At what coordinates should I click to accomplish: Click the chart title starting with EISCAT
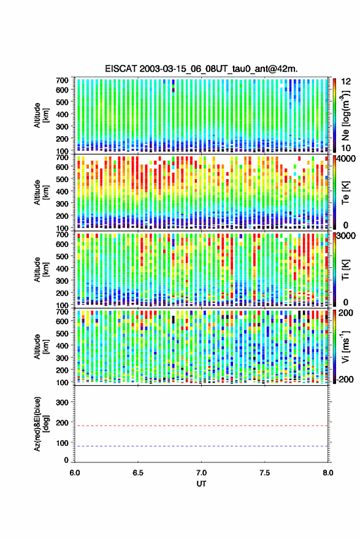coord(201,69)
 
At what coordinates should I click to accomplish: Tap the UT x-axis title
coord(201,484)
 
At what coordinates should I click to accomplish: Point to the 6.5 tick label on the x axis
coord(138,473)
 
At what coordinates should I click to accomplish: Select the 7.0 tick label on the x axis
coord(201,473)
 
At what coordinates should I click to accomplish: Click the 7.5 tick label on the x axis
coord(264,473)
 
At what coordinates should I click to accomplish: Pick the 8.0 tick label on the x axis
coord(327,473)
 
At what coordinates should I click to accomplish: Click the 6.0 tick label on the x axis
coord(75,473)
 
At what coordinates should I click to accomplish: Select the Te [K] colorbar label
coord(345,193)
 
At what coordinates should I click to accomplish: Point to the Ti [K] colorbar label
coord(345,270)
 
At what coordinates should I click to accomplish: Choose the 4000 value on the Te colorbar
coord(346,159)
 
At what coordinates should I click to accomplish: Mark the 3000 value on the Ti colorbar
coord(346,236)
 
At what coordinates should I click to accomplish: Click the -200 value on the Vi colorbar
coord(345,379)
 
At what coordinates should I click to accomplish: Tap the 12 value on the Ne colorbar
coord(346,82)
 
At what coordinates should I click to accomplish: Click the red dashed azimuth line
coord(201,426)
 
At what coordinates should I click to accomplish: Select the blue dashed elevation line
coord(201,446)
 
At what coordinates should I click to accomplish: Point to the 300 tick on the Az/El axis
coord(62,402)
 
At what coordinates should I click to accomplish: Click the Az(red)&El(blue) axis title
coord(41,424)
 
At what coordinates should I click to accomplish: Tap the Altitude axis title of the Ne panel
coord(41,115)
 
